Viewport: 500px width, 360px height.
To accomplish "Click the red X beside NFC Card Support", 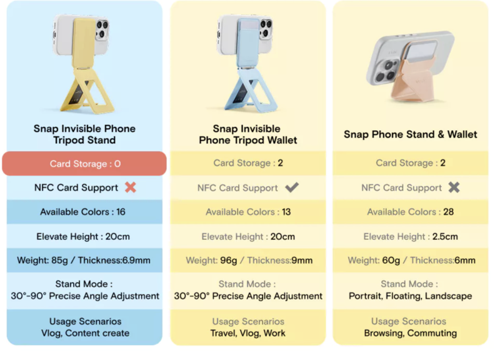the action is [x=131, y=187].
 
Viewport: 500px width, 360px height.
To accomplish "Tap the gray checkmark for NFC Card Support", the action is [x=292, y=187].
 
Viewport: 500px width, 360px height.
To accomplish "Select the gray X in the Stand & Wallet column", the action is [x=454, y=187].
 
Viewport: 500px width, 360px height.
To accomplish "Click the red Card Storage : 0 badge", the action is [x=84, y=164].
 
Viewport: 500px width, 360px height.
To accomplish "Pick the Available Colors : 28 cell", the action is [x=411, y=212].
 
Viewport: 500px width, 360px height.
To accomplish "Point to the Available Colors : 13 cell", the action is [x=248, y=212].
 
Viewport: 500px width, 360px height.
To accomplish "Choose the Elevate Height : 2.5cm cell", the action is [x=411, y=236].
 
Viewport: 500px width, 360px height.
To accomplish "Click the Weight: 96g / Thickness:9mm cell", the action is [x=248, y=260].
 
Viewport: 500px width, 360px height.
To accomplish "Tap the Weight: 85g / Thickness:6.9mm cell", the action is [x=84, y=260].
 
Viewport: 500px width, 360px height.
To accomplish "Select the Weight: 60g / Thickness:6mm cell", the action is [x=411, y=260].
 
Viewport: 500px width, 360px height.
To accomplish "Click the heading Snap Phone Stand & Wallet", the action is [x=411, y=134].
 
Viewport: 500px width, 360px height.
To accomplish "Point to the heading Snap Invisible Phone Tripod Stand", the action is [x=84, y=134].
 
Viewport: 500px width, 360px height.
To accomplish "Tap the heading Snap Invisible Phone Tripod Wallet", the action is [x=247, y=134].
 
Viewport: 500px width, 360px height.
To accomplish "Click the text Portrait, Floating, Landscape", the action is [x=411, y=296].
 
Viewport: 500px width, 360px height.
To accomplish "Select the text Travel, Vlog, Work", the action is [x=247, y=333].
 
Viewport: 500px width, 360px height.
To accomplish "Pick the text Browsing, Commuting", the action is [x=411, y=333].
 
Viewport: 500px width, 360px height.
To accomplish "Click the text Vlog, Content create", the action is [x=85, y=333].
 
